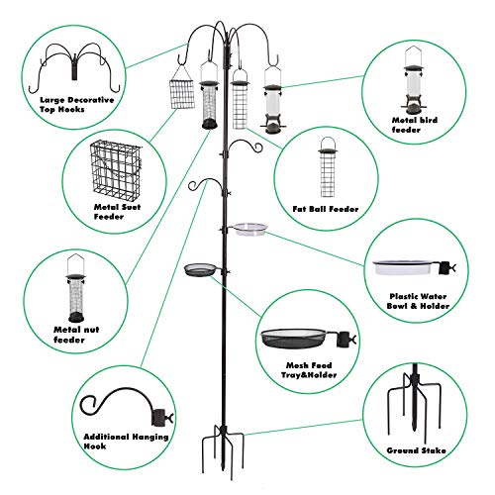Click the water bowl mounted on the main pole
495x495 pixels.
tap(251, 229)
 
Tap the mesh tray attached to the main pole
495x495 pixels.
tap(203, 267)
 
